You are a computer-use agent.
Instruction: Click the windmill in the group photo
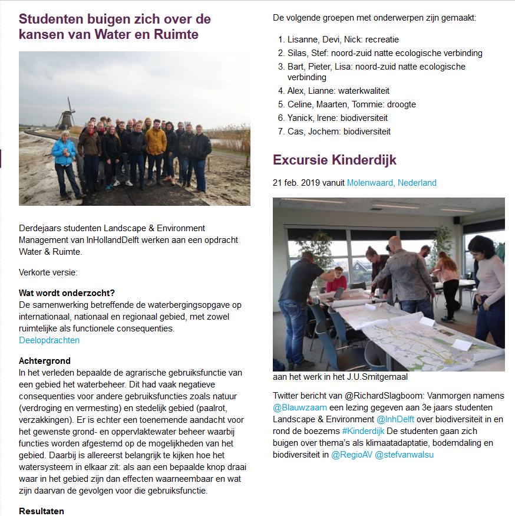67,114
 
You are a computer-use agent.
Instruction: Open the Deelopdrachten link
49,340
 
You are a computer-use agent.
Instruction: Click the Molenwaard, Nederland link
391,183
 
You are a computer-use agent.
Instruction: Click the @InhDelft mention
395,419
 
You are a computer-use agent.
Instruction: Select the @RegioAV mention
351,455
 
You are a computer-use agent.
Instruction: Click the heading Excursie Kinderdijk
334,160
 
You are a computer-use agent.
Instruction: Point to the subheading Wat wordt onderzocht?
67,293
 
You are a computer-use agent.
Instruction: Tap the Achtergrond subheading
45,360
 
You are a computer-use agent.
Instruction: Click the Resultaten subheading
41,511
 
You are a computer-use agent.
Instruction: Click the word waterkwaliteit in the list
364,91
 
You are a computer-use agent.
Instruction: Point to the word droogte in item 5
401,104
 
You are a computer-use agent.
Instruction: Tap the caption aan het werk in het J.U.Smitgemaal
340,377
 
